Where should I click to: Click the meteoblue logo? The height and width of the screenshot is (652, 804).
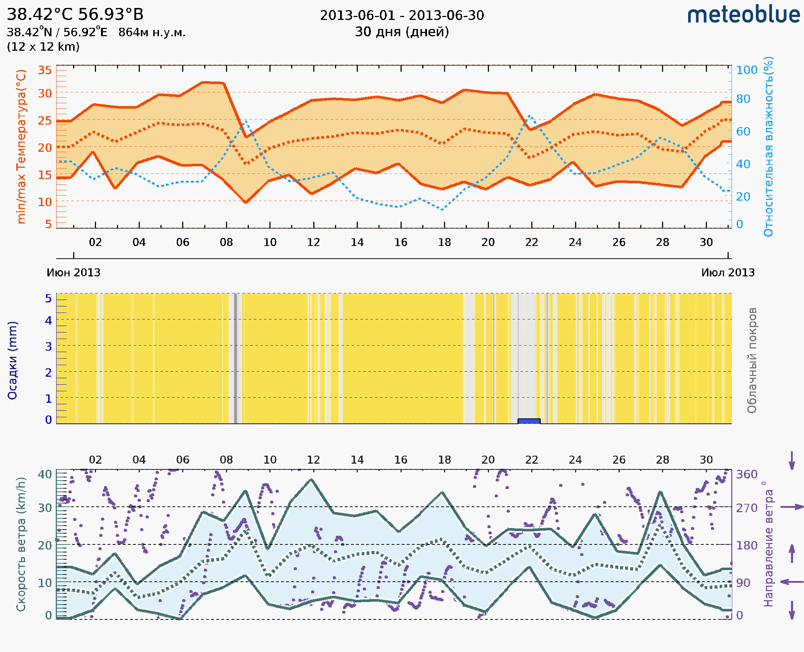[743, 15]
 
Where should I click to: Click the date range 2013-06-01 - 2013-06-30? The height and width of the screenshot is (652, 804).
[402, 16]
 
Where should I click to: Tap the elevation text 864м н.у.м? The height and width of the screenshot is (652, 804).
[152, 33]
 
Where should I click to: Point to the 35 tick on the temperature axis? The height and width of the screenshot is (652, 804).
[45, 70]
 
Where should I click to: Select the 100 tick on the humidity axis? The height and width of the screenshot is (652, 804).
[746, 70]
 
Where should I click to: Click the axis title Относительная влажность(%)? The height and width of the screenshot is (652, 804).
[769, 146]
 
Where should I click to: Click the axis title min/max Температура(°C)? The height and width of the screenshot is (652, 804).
[21, 146]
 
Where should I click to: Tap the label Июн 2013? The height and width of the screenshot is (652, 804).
[74, 273]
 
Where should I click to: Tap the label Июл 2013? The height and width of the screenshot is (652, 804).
[728, 273]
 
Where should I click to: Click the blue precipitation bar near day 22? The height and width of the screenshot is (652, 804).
[529, 421]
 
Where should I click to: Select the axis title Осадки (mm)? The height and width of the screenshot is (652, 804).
[12, 360]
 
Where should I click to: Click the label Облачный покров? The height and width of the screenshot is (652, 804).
[752, 360]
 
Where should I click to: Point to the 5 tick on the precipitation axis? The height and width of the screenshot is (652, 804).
[49, 298]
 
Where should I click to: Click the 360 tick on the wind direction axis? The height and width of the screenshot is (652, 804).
[746, 475]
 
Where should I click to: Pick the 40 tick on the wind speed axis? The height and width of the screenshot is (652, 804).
[45, 475]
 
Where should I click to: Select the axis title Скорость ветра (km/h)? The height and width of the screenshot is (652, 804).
[21, 544]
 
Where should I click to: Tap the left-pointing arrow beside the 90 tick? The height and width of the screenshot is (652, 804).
[792, 582]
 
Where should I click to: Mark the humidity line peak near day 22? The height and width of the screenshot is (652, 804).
[529, 116]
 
